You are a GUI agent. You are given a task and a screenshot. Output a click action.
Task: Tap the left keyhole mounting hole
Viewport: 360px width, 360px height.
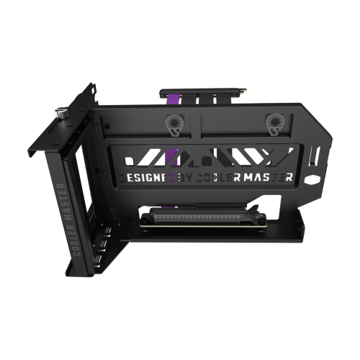173,122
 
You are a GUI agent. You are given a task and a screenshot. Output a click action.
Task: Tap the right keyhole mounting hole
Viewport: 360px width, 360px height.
275,122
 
